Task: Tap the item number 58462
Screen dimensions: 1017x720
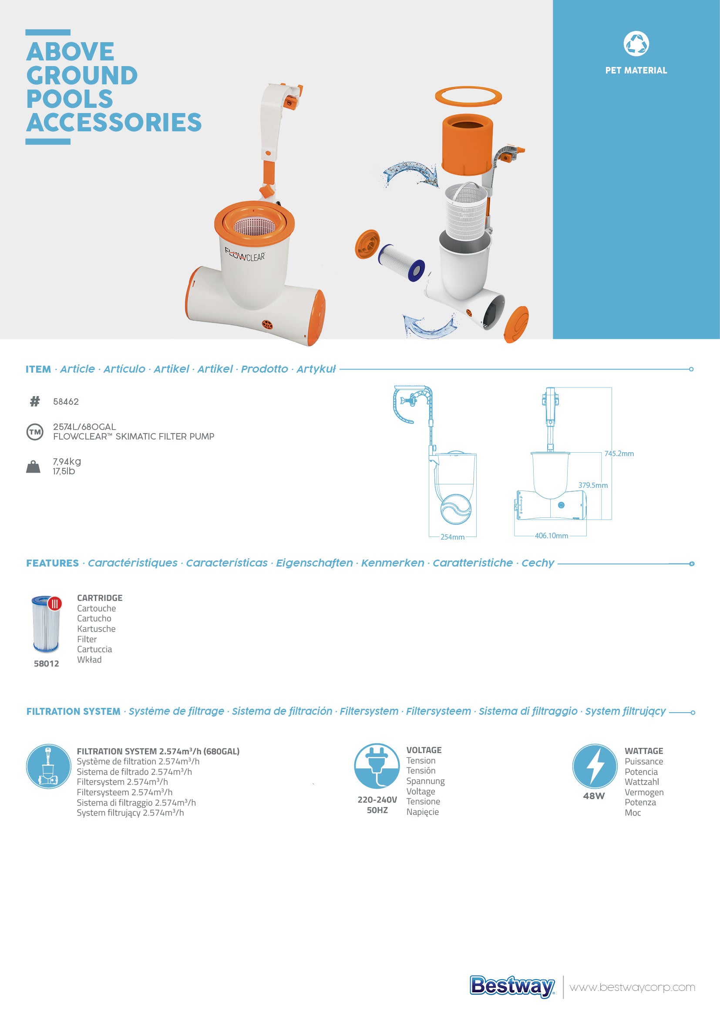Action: tap(66, 402)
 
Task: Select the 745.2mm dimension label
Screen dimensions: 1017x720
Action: tap(619, 453)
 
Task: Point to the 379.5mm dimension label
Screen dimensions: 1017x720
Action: tap(593, 485)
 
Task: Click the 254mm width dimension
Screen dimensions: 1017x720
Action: tap(452, 537)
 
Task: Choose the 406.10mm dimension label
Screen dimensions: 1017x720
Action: tap(551, 536)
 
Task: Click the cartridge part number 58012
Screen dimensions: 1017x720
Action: tap(46, 664)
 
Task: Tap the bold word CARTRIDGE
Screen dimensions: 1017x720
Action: tap(100, 598)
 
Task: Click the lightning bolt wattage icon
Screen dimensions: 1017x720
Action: tap(595, 766)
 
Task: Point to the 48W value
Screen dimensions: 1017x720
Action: tap(594, 796)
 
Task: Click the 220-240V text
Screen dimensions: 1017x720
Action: tap(377, 800)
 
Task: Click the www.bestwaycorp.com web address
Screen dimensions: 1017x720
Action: tap(632, 987)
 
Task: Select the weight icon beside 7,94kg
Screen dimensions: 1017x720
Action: tap(33, 467)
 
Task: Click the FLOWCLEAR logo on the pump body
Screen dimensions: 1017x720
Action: tap(245, 255)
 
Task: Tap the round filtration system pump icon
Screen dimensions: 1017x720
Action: tap(48, 766)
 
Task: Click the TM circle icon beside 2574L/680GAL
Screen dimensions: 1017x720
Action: tap(35, 432)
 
